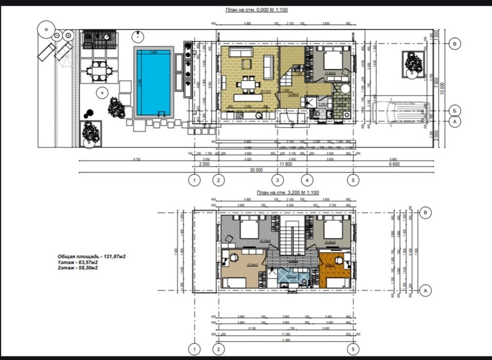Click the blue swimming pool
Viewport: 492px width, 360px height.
153,83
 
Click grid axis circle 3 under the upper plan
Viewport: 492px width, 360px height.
277,181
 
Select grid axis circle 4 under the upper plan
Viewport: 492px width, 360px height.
307,181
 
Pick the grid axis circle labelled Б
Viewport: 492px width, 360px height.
454,111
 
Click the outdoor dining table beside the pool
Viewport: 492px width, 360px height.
97,71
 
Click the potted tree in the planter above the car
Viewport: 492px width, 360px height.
413,61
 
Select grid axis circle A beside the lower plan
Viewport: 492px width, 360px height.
425,291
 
